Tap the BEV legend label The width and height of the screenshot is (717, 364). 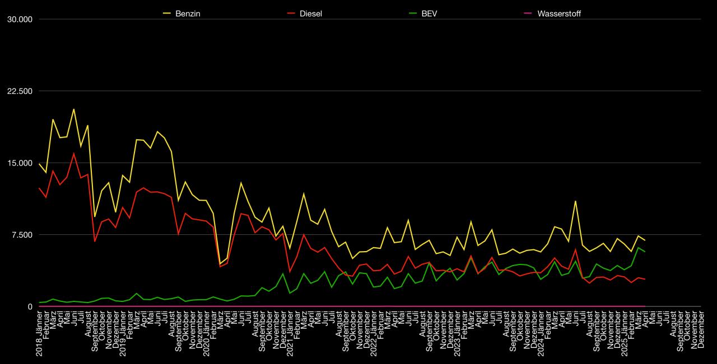pos(429,14)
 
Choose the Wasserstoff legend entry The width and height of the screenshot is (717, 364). pos(558,14)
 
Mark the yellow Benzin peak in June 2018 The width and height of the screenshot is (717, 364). pos(74,109)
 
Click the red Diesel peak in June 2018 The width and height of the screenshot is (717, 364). pos(74,153)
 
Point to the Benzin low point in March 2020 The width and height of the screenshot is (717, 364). pos(220,264)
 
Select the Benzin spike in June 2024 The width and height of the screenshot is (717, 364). pos(575,201)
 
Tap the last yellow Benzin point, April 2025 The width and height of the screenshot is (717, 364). pos(645,240)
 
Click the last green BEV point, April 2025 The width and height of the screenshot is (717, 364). pos(645,252)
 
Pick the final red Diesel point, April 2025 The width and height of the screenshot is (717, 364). pos(645,279)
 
